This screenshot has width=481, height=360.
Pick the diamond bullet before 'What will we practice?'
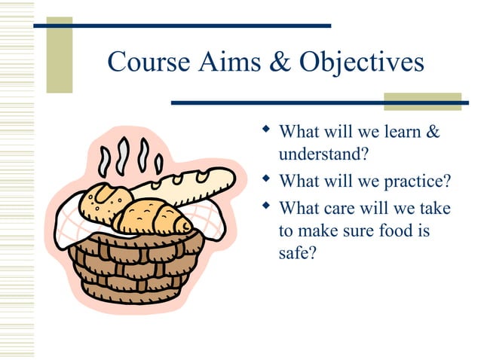pos(265,181)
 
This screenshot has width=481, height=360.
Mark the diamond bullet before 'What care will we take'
pos(265,205)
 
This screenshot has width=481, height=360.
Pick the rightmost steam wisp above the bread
pos(158,162)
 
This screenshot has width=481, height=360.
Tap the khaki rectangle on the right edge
pos(411,102)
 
